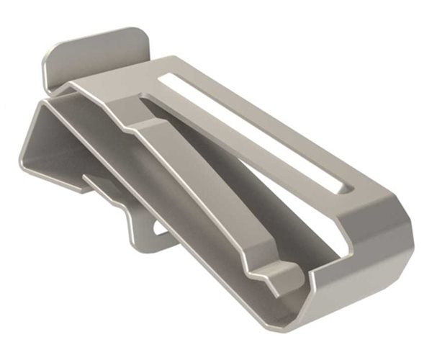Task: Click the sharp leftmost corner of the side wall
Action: point(19,168)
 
